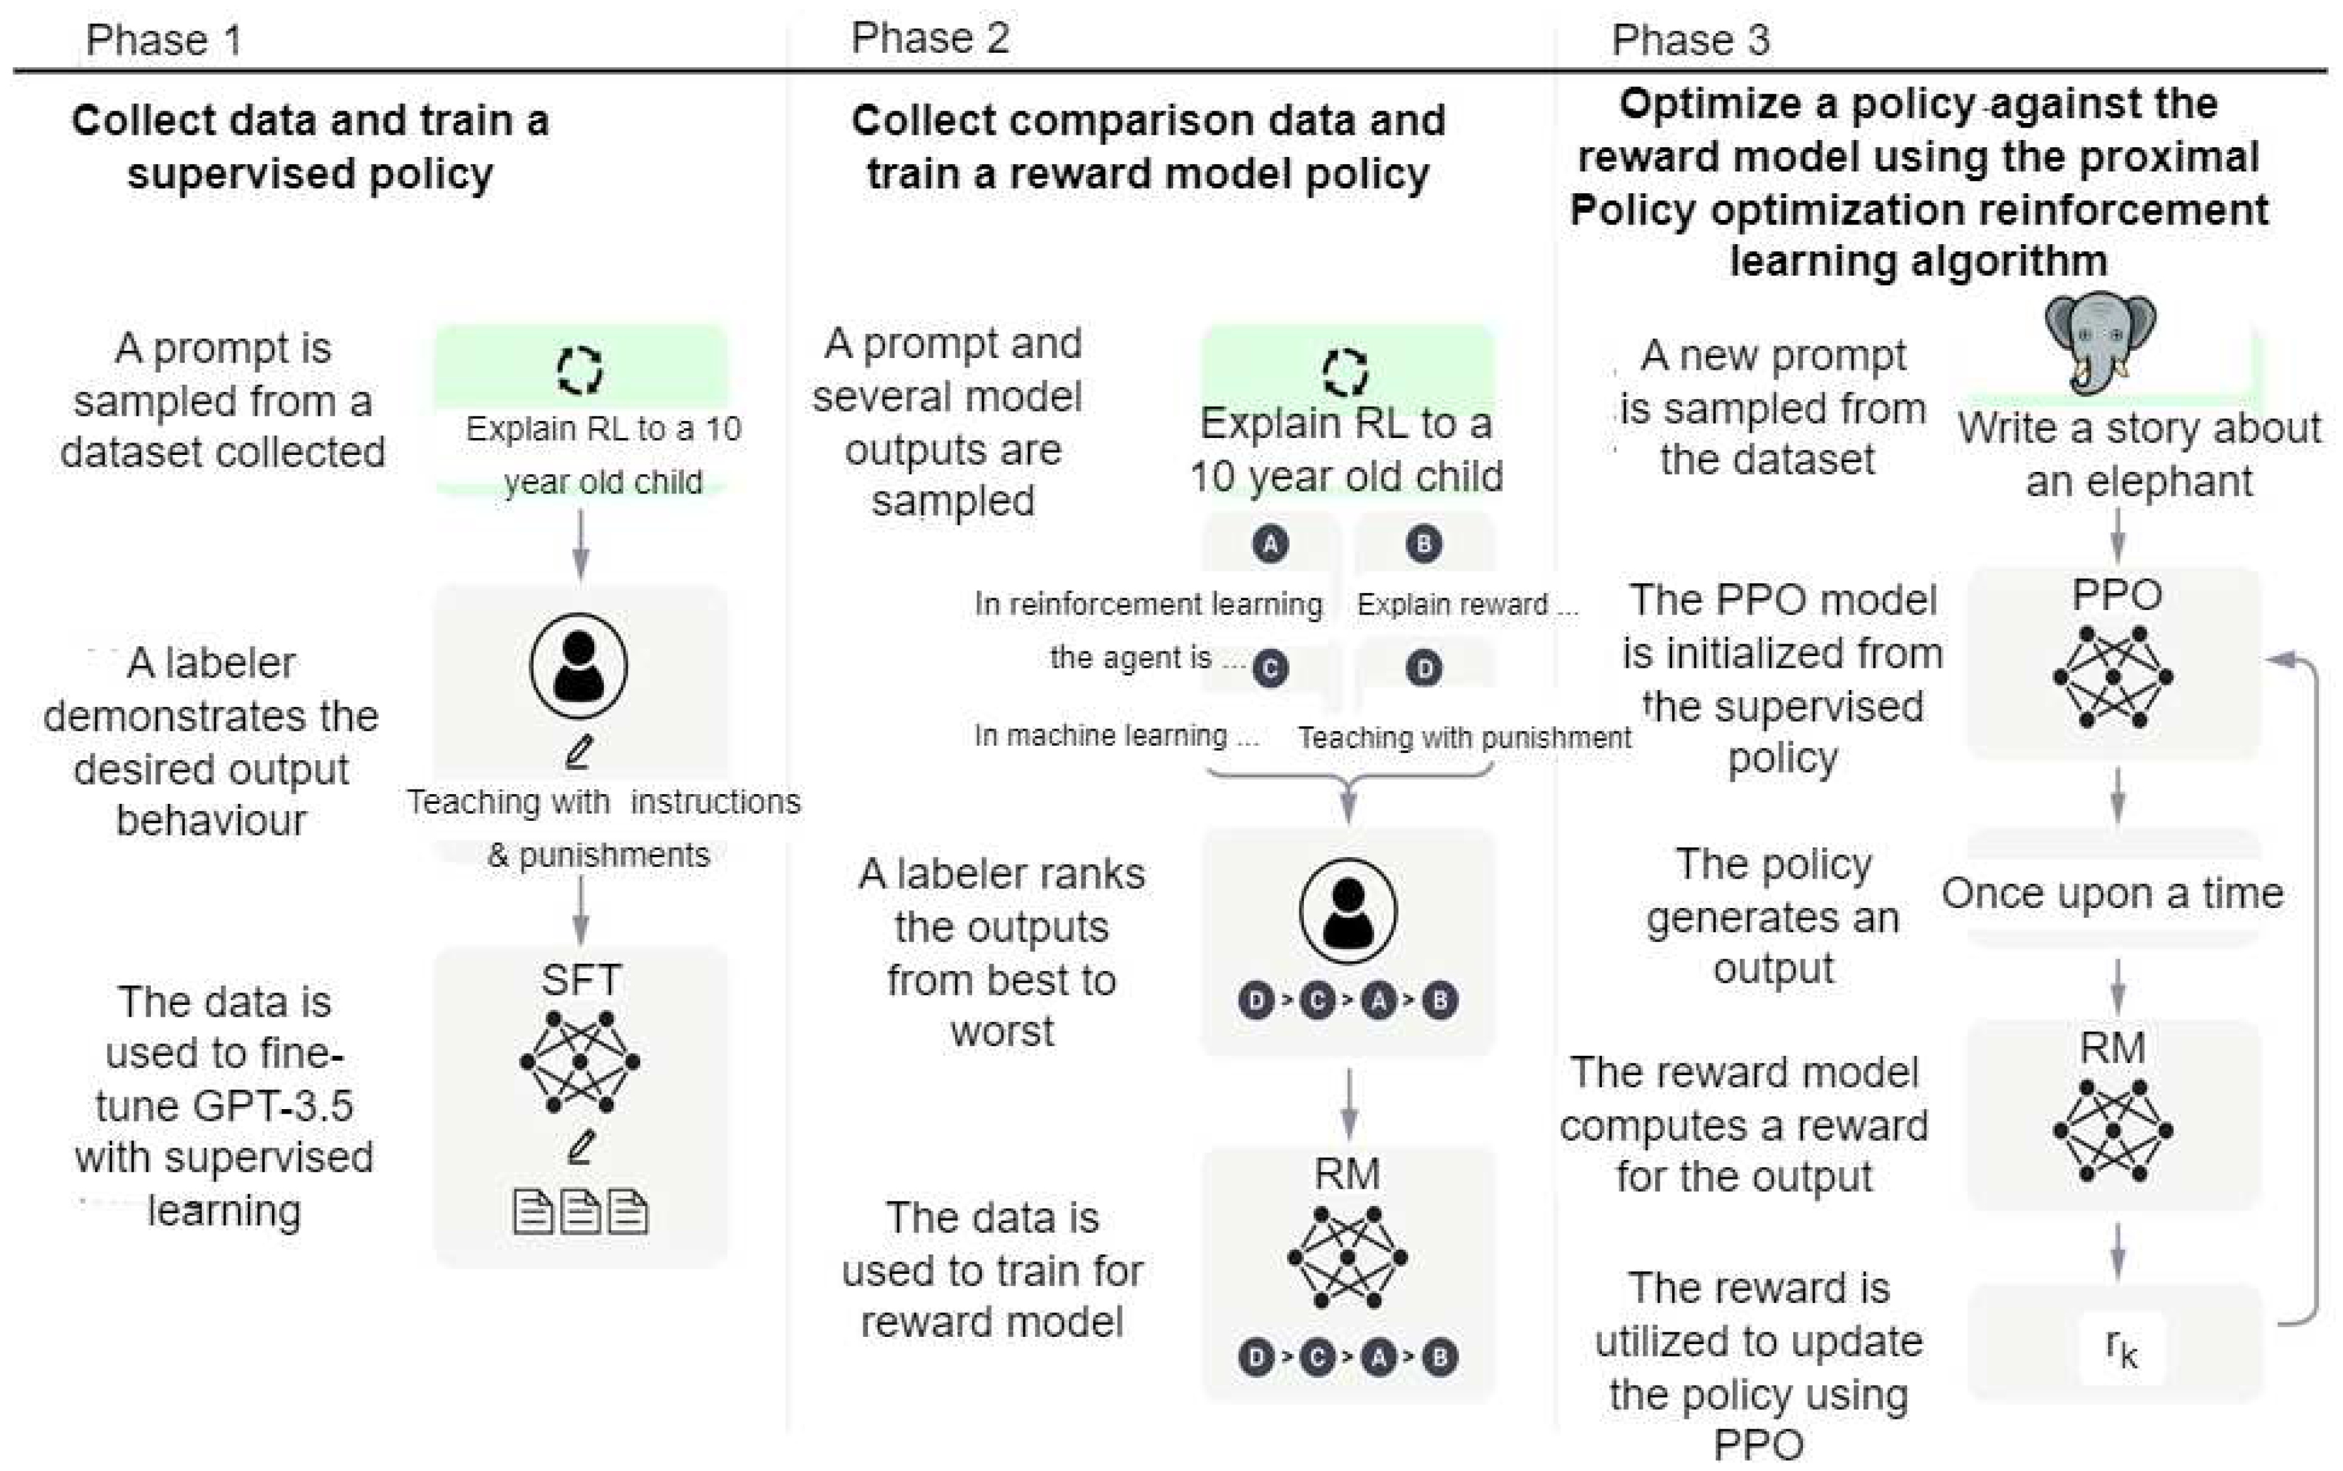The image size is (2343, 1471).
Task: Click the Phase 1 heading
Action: click(x=163, y=40)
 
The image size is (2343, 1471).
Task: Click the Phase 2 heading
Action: click(x=929, y=38)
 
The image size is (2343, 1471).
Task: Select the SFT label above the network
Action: click(x=580, y=980)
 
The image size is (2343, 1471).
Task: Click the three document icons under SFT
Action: click(x=580, y=1212)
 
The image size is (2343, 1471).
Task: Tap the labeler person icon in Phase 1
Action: click(x=578, y=665)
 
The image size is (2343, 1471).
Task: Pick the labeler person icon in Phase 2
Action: click(x=1347, y=911)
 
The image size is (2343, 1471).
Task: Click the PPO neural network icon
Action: click(x=2113, y=677)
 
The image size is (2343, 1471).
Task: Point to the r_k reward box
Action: click(x=2120, y=1347)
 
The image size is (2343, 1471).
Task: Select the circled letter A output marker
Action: click(x=1270, y=544)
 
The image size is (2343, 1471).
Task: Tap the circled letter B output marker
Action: click(x=1424, y=544)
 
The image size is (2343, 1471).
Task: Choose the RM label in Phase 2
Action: click(x=1347, y=1174)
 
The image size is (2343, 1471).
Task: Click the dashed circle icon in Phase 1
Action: click(x=580, y=370)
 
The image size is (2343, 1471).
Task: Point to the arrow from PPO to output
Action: click(x=2117, y=796)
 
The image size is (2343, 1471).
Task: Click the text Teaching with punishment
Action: click(x=1464, y=737)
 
